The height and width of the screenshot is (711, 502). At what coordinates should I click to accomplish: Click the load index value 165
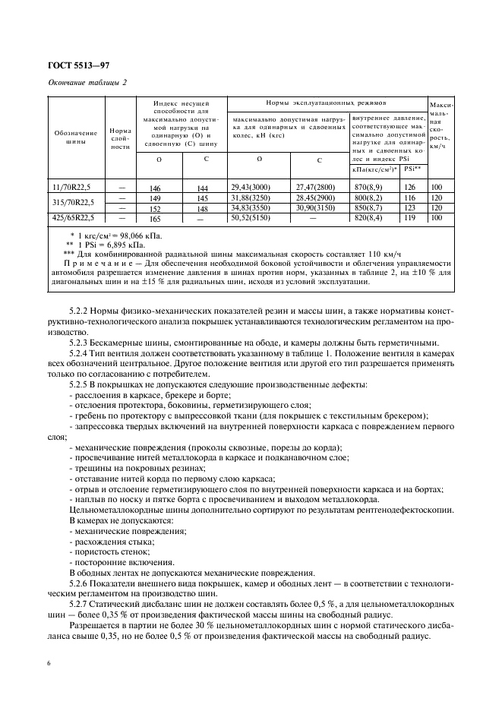(155, 219)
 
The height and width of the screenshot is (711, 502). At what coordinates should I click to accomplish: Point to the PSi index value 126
(410, 187)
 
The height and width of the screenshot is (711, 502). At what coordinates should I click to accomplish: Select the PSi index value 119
(410, 219)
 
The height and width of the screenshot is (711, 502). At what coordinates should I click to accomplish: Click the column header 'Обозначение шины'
(75, 137)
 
